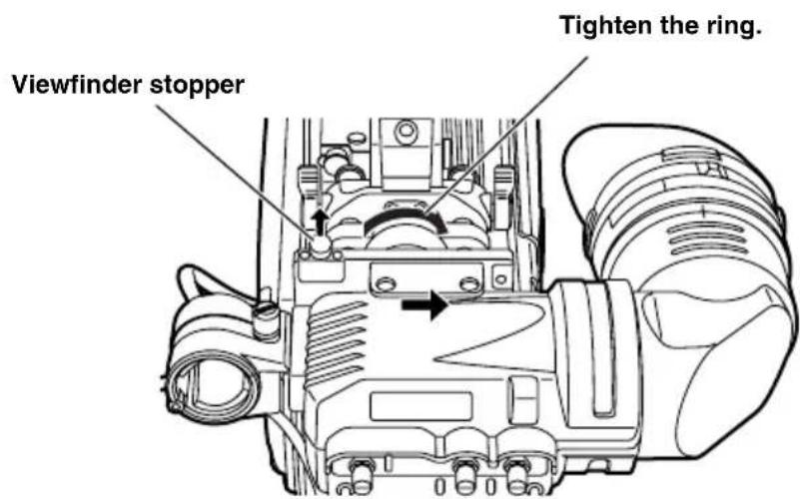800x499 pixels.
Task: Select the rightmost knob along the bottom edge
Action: pyautogui.click(x=516, y=471)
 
